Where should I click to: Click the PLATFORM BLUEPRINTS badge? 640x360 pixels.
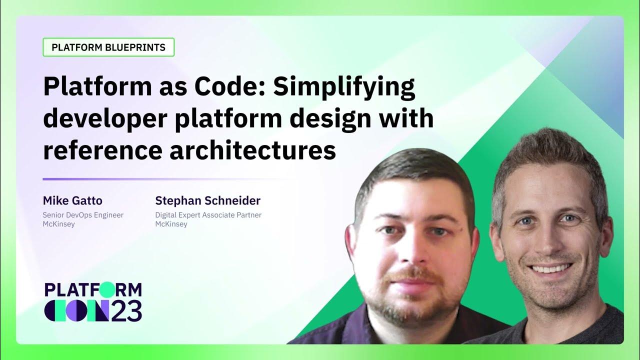pos(108,47)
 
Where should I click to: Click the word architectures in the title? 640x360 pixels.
pos(252,150)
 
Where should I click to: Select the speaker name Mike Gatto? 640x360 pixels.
pos(72,201)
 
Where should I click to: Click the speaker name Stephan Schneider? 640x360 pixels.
pos(207,201)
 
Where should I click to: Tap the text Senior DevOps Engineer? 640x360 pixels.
pos(83,215)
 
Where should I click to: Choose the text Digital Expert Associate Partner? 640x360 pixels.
pos(208,215)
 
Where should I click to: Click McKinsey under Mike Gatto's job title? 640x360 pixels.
pos(58,224)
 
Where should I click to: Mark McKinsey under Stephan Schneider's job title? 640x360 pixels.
pos(171,224)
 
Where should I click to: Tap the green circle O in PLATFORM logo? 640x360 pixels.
pos(106,289)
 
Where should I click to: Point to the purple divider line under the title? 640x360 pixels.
pos(150,179)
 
